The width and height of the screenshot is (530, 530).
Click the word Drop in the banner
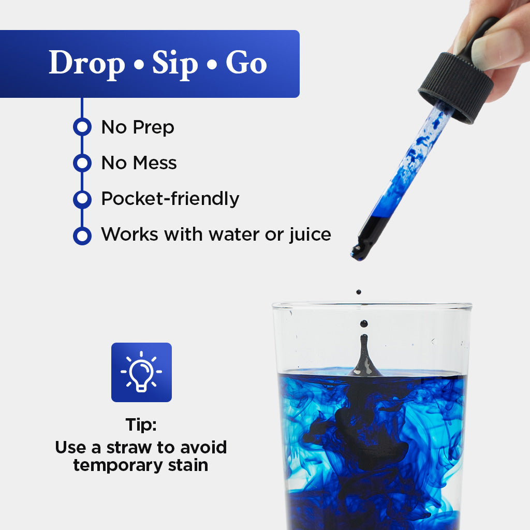87,64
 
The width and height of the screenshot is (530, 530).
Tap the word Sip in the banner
175,64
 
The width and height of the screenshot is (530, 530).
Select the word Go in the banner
246,64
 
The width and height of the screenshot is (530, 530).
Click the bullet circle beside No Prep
82,127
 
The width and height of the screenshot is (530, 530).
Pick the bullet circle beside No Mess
82,163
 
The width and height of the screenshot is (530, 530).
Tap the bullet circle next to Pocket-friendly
82,199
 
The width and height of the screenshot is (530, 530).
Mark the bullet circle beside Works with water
82,235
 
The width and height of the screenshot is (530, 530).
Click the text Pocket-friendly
170,199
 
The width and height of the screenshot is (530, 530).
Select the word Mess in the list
154,163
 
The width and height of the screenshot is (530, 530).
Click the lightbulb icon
141,372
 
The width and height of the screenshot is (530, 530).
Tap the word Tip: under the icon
141,425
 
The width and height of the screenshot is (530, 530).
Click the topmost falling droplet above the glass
358,292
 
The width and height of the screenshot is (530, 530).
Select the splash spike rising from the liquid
365,357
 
